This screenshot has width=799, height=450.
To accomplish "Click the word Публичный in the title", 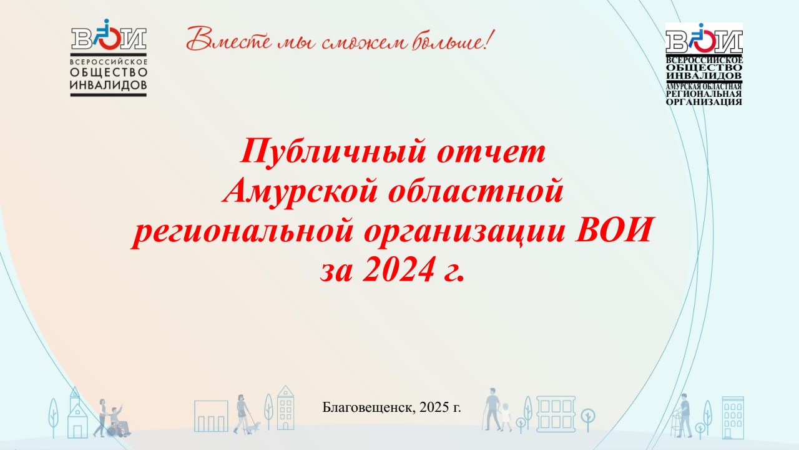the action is point(333,152).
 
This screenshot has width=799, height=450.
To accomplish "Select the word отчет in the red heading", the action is point(491,152).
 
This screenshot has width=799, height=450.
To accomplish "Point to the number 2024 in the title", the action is point(398,269).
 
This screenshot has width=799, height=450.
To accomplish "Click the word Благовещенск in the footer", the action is point(368,407).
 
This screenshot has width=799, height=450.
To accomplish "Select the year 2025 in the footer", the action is point(434,407).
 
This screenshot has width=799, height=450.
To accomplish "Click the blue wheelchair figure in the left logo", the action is point(102,32).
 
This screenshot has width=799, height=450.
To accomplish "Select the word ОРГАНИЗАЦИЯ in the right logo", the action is point(703,102).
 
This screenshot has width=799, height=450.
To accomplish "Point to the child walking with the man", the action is point(506,417).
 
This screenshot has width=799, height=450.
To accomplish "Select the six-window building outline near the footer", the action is point(556,414).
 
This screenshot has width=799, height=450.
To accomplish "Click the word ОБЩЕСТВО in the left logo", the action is point(109,73).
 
